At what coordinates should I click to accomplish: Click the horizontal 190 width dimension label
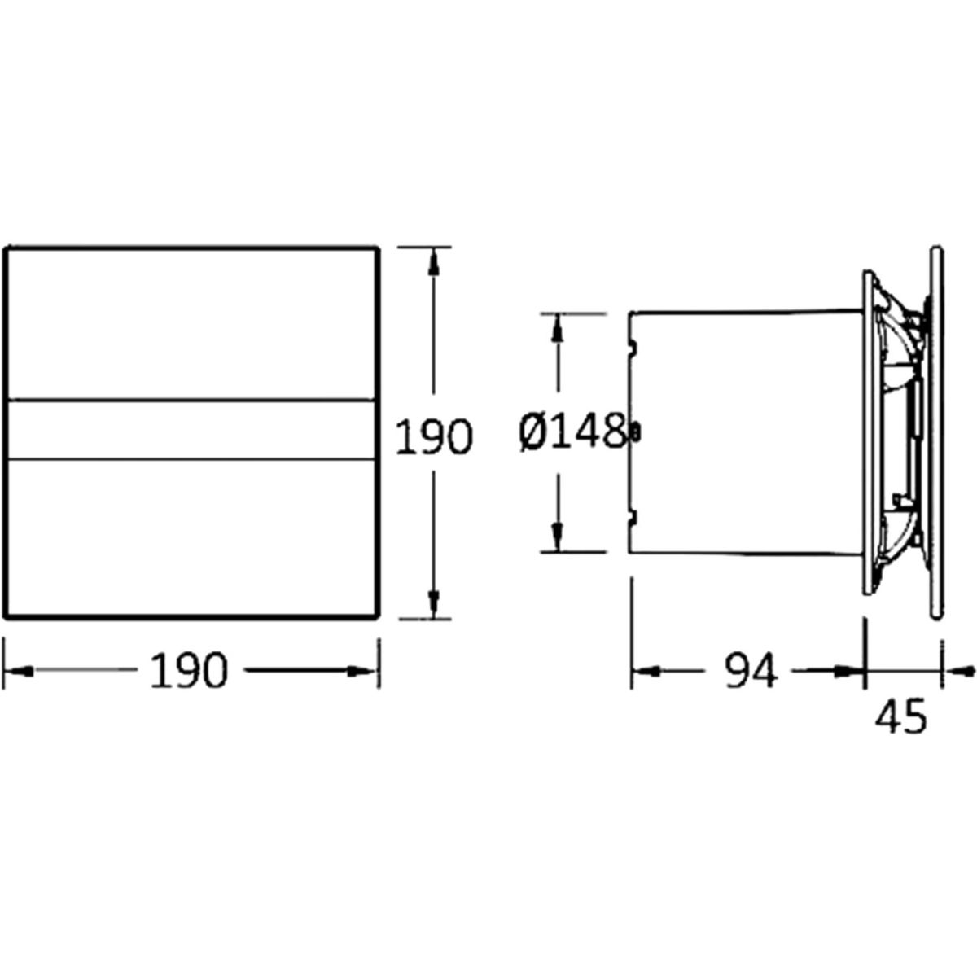pyautogui.click(x=189, y=671)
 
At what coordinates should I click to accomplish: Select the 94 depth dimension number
pyautogui.click(x=751, y=671)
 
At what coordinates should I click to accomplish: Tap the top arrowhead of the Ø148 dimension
pyautogui.click(x=558, y=328)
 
